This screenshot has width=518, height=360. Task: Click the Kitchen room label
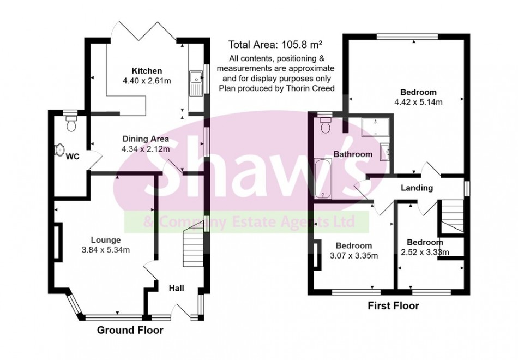(x=146, y=71)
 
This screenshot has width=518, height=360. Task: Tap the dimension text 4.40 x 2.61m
(x=146, y=81)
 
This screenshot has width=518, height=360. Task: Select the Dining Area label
(x=146, y=139)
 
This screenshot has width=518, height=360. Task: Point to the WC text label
(x=73, y=157)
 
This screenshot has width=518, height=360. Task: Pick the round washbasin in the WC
(x=60, y=149)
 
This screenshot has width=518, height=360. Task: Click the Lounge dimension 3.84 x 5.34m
(x=106, y=250)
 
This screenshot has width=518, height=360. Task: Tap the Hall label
(x=176, y=288)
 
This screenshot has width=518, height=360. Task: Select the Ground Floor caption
(x=130, y=330)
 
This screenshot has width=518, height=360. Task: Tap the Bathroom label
(x=353, y=154)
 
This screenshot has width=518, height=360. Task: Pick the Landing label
(x=417, y=188)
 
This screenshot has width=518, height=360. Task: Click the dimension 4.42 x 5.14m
(x=418, y=102)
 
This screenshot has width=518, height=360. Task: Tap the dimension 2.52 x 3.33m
(x=424, y=252)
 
